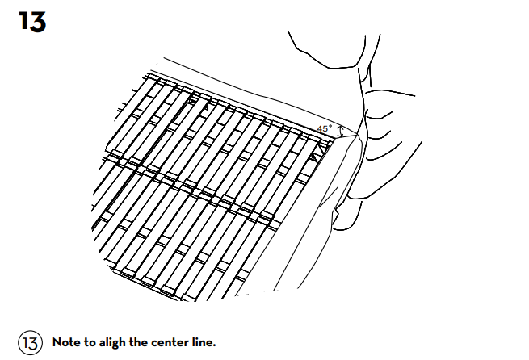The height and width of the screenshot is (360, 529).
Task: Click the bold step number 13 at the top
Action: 32,22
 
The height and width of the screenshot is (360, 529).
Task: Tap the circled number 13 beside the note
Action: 30,342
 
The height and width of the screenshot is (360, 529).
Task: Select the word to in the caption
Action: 90,342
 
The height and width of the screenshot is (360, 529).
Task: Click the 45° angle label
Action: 324,128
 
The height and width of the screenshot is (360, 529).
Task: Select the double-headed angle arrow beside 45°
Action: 341,132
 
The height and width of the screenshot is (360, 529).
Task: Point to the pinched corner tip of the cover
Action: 357,135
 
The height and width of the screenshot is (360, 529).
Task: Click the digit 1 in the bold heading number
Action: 23,22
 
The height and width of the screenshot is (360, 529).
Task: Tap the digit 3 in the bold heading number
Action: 38,23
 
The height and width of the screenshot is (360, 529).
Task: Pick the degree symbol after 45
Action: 330,126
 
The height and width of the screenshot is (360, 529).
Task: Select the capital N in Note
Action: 57,342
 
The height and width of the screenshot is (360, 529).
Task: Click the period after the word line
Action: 214,345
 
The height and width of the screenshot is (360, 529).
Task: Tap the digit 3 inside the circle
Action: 33,343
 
